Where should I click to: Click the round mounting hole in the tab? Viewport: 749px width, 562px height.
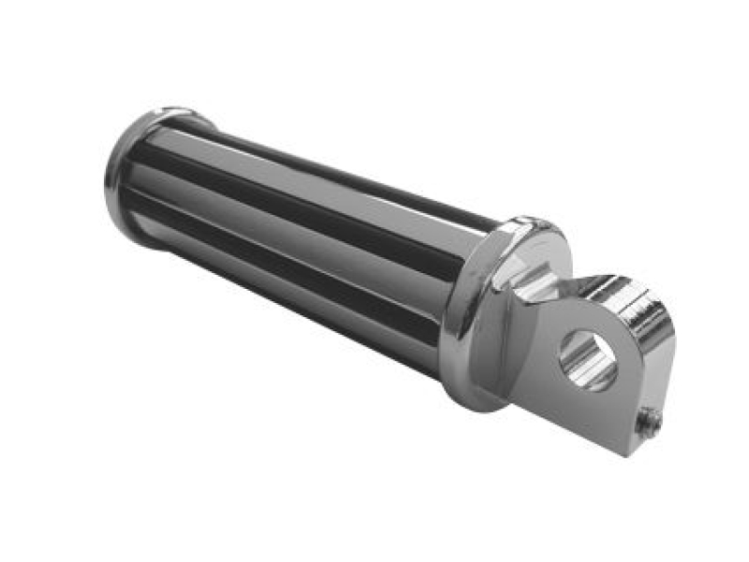pos(587,360)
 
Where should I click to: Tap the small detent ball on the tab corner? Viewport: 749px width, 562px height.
pos(649,423)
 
